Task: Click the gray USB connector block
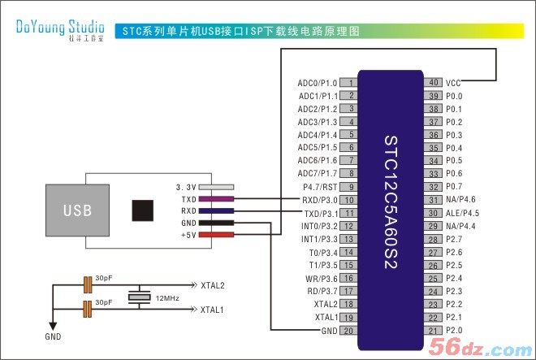78,210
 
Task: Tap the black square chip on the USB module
143,210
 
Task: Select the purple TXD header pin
216,199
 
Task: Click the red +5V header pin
216,235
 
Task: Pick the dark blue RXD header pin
216,210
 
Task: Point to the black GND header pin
216,223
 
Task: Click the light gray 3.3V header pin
216,187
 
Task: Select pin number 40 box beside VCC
433,82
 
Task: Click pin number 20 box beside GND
348,331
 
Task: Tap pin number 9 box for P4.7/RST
348,187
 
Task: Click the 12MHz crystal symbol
139,297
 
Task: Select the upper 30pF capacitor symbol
88,284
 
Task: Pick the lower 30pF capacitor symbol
88,309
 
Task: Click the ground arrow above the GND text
53,325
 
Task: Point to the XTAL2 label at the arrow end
213,285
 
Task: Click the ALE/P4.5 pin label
462,213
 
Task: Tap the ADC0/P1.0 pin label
318,83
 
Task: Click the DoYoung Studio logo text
60,28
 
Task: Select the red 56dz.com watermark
481,347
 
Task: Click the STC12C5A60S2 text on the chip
391,202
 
